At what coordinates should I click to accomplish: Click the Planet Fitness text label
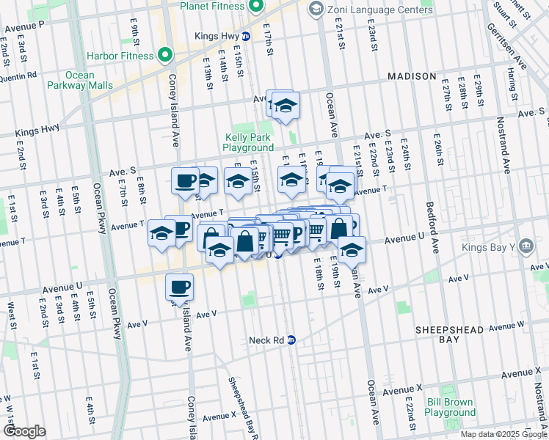212,7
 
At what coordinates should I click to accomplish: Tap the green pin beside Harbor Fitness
166,56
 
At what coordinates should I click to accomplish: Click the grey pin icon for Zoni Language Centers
316,9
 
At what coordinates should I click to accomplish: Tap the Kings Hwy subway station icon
246,36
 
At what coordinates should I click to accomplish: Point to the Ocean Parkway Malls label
80,80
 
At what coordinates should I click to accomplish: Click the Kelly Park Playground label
248,142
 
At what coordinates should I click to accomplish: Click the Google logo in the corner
24,430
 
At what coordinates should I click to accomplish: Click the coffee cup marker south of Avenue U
179,287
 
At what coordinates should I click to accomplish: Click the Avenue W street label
506,325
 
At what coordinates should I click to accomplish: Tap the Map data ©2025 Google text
503,434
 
